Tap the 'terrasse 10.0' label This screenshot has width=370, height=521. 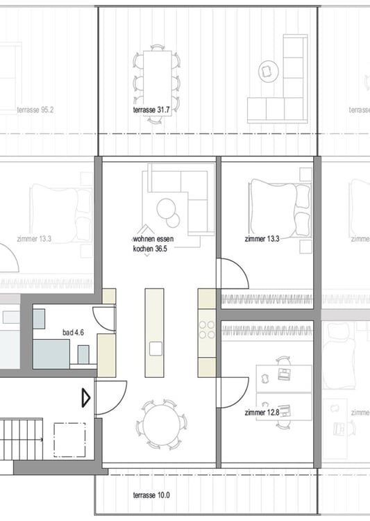(151, 495)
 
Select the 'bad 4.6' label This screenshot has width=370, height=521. (73, 333)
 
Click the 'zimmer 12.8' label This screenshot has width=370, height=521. (262, 413)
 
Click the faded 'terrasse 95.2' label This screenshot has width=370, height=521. (35, 110)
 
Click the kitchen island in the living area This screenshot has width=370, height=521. (154, 332)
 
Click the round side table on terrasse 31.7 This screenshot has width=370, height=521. (268, 70)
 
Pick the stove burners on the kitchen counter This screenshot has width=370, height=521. (207, 329)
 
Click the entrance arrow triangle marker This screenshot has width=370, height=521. (86, 398)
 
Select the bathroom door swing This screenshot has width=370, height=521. (105, 317)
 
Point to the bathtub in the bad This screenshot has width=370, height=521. (51, 354)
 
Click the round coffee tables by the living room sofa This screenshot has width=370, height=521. (169, 212)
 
